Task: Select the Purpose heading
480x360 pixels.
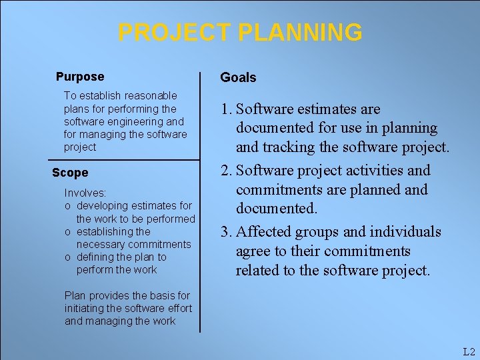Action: pos(80,77)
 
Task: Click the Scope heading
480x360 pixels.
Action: pos(70,173)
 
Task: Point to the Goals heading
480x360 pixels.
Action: pos(238,77)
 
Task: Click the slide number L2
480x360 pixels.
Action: pos(468,352)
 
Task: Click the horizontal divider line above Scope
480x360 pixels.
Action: pos(124,161)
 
